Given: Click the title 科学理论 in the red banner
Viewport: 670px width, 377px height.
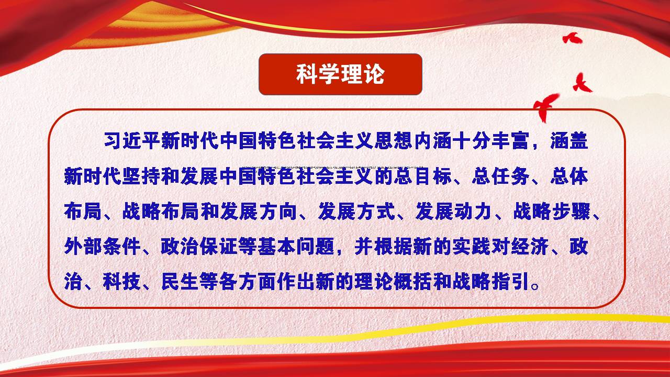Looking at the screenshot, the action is click(x=340, y=74).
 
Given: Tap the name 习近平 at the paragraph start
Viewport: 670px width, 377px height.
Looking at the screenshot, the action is click(x=132, y=141).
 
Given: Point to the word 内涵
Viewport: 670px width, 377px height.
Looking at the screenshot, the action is click(x=433, y=141).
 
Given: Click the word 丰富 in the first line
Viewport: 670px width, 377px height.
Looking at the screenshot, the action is click(x=510, y=141).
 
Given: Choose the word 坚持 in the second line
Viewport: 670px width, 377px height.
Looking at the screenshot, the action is click(x=141, y=176).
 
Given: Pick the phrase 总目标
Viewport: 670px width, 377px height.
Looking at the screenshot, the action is click(x=423, y=176).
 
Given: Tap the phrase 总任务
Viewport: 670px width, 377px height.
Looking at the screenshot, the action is click(x=501, y=176).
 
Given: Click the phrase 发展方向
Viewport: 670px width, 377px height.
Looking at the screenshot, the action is click(x=258, y=211).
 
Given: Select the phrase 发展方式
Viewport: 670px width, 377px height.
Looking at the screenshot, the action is click(x=356, y=211).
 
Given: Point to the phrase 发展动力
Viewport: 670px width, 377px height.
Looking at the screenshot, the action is click(x=453, y=211).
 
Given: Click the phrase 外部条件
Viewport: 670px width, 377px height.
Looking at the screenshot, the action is click(x=102, y=246).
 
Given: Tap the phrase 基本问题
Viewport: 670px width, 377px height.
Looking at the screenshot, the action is click(x=297, y=246).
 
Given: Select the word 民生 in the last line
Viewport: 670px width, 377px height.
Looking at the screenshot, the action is click(x=180, y=281).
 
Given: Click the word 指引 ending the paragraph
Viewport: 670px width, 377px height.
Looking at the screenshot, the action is click(x=510, y=281).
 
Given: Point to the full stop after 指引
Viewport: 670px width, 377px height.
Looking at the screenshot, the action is click(x=534, y=286).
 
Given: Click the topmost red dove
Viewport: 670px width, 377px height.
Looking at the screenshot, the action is click(x=572, y=38).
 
